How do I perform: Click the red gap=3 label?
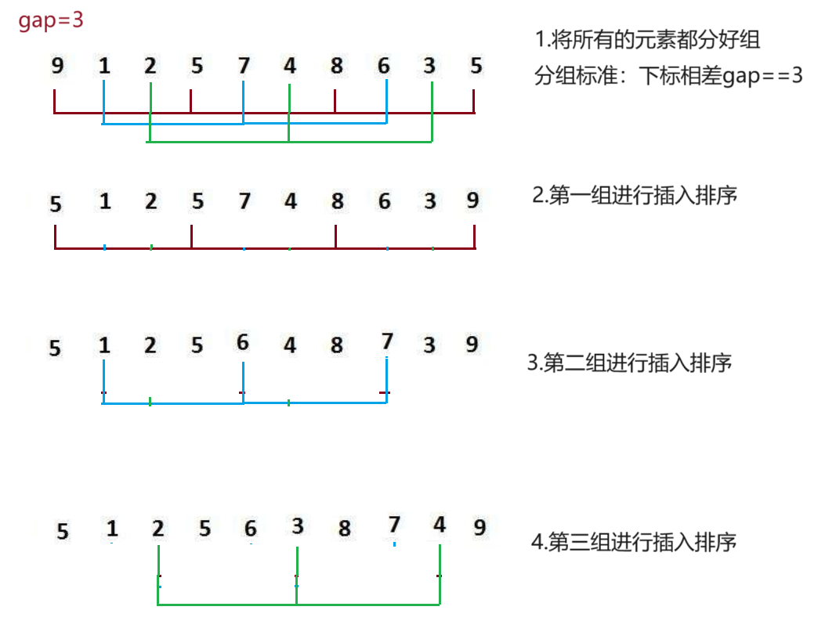pyautogui.click(x=51, y=20)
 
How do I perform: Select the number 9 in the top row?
pyautogui.click(x=57, y=67)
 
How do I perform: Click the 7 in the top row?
pyautogui.click(x=244, y=67)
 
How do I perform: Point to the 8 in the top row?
pyautogui.click(x=336, y=67)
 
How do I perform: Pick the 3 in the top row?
pyautogui.click(x=429, y=67)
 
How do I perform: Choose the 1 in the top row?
pyautogui.click(x=103, y=67)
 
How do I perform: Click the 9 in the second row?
pyautogui.click(x=472, y=200)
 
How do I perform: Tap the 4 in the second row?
pyautogui.click(x=291, y=202)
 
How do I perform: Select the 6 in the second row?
pyautogui.click(x=384, y=202)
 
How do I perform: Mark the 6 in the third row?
pyautogui.click(x=242, y=342)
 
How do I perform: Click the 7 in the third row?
pyautogui.click(x=386, y=341)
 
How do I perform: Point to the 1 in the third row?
pyautogui.click(x=104, y=345)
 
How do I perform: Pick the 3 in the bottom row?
pyautogui.click(x=297, y=525)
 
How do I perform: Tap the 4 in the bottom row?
pyautogui.click(x=440, y=525)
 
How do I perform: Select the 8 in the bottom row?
pyautogui.click(x=344, y=529)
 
